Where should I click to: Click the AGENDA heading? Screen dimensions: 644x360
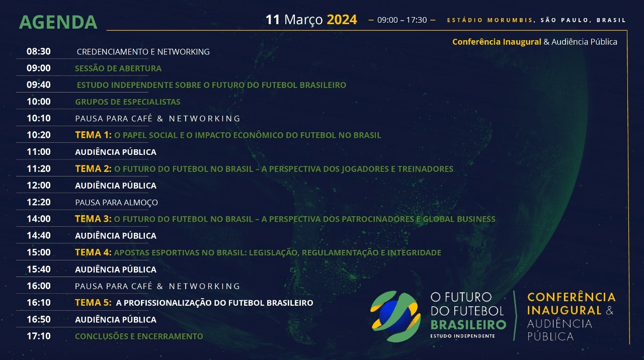58,22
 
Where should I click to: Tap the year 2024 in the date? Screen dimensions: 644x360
342,20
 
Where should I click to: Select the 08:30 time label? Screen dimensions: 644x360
39,51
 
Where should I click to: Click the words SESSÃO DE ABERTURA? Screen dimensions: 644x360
118,68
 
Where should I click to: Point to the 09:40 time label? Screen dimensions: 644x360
39,85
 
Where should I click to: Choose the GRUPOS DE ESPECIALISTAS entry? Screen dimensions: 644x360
128,102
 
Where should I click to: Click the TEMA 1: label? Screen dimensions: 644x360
93,135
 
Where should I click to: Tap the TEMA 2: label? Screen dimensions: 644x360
93,168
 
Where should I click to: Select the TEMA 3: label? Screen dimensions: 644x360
93,219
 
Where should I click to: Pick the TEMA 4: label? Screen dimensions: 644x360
93,252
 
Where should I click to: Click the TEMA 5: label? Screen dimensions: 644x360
93,302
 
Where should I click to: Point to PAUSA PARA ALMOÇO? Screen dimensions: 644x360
116,203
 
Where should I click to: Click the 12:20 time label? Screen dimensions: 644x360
39,202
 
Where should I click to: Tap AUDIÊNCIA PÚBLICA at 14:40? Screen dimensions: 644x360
116,236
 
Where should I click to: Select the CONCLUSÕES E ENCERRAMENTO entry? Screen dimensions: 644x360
139,336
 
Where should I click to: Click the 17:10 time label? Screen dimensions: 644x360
39,336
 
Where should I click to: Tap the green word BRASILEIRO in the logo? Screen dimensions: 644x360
468,325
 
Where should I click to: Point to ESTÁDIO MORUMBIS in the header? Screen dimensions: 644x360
490,20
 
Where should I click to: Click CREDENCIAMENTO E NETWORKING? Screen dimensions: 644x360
143,52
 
